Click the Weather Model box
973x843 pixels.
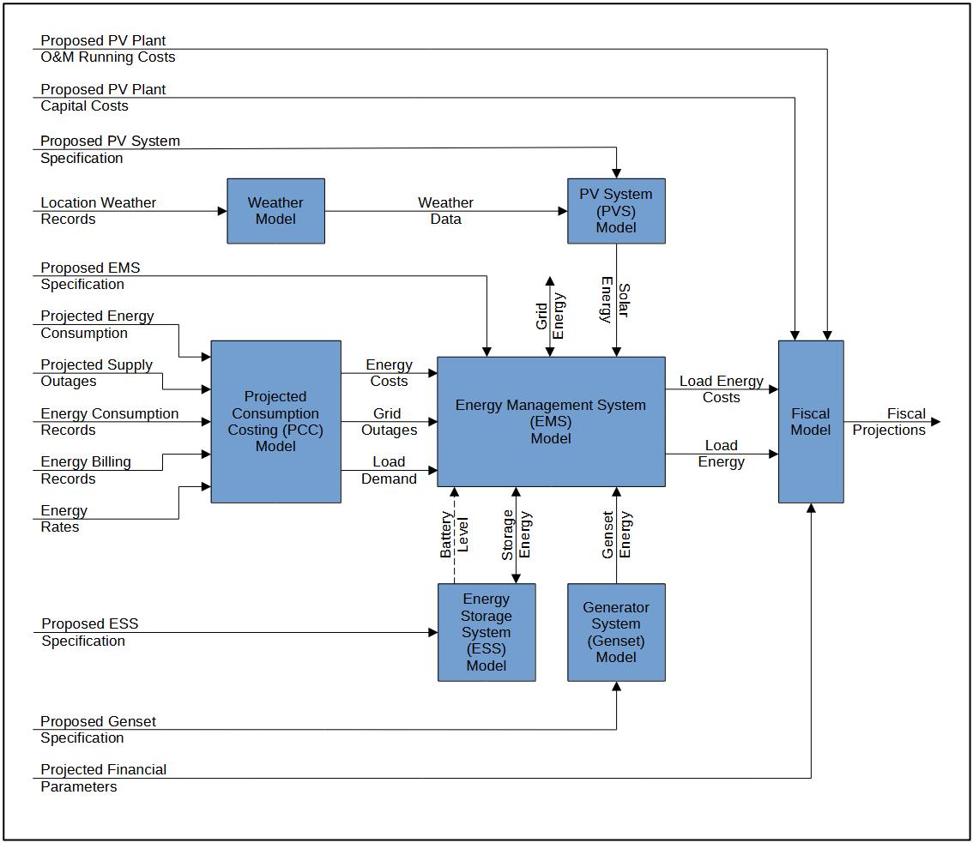click(275, 211)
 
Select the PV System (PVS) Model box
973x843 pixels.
click(616, 211)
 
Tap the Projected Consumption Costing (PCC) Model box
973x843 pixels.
click(275, 421)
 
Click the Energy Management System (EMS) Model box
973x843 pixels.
click(551, 421)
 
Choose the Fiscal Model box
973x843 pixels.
click(810, 421)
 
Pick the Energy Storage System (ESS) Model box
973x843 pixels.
click(486, 632)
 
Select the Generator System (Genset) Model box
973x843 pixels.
click(616, 632)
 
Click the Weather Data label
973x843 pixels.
click(445, 211)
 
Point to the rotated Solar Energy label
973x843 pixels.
click(615, 300)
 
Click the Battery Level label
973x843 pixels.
click(455, 535)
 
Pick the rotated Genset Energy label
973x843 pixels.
click(617, 535)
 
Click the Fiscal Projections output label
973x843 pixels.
click(890, 422)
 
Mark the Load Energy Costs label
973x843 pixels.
click(721, 389)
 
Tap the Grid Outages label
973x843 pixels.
click(389, 422)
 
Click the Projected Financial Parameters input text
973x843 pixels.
click(103, 778)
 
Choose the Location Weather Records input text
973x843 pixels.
click(98, 211)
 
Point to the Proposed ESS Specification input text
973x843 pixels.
click(89, 632)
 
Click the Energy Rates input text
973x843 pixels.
click(63, 519)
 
